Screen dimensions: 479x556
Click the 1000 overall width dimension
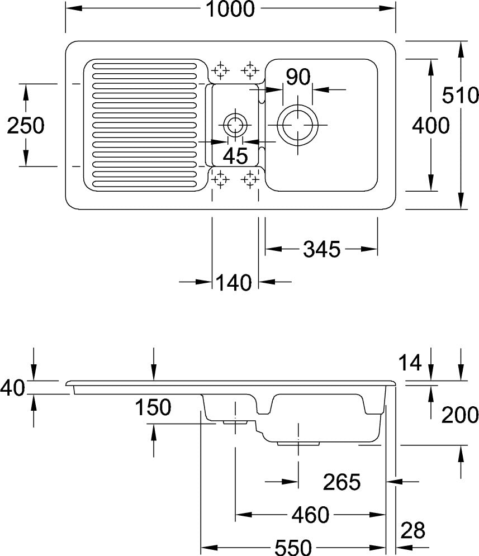tap(230, 8)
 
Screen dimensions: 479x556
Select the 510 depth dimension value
tap(460, 95)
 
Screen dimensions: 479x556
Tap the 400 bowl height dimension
tap(430, 125)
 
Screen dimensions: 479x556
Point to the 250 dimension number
tap(26, 125)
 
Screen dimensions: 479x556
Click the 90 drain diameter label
tap(298, 77)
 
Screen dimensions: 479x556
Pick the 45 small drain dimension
tap(236, 155)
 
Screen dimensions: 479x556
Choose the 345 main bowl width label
tap(321, 249)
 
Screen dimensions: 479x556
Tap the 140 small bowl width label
tap(233, 283)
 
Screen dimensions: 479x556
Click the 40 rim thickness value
tap(12, 387)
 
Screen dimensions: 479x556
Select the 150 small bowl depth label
tap(153, 407)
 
